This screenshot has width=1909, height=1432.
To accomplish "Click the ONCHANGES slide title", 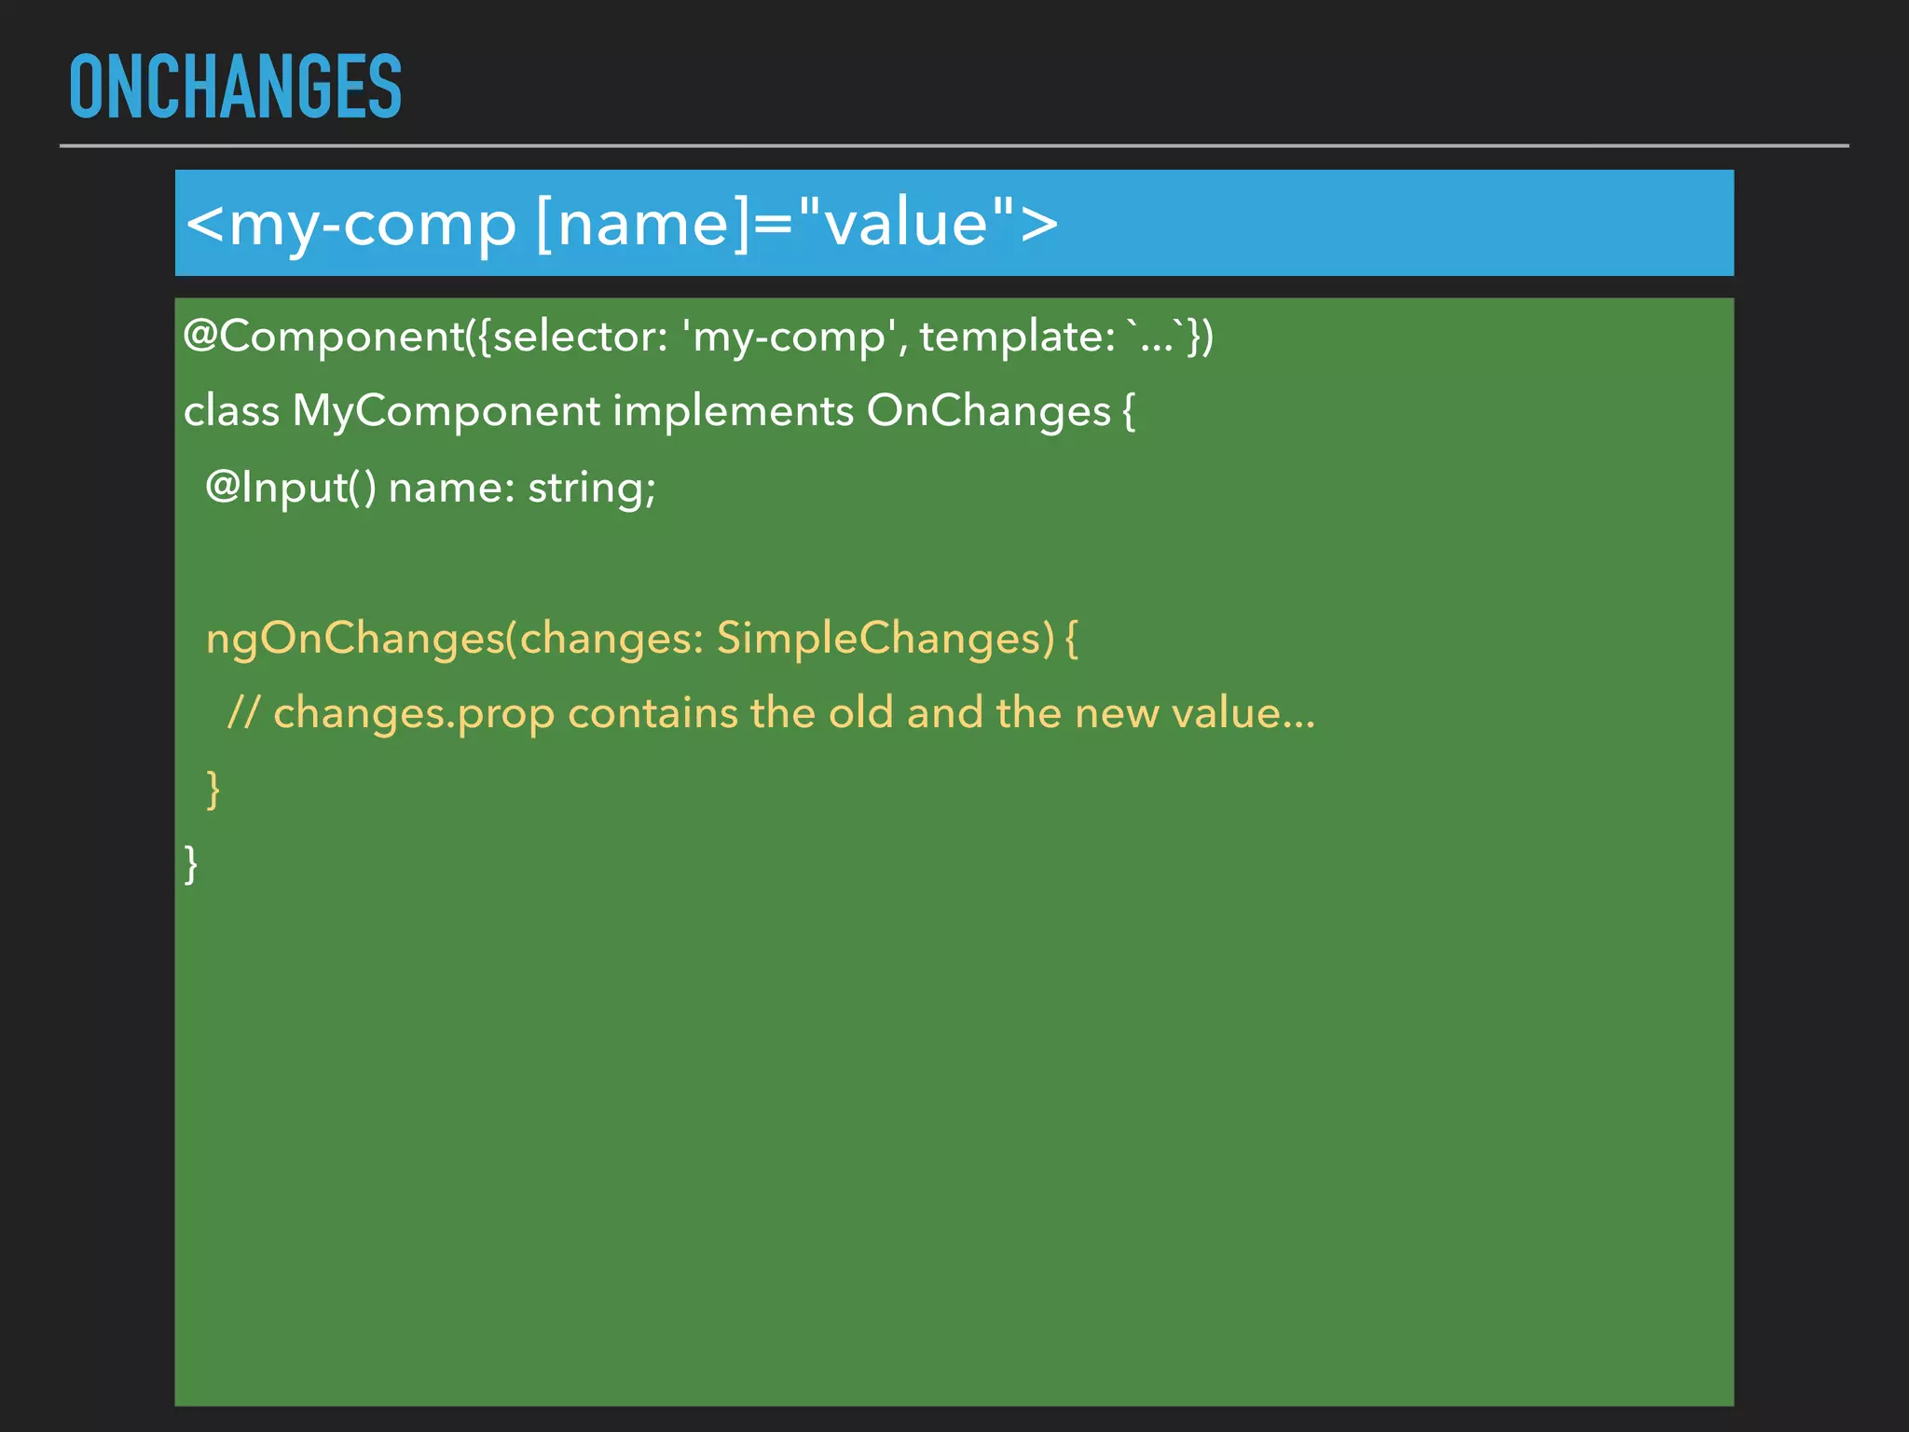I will tap(235, 87).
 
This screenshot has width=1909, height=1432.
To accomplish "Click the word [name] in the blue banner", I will tap(642, 224).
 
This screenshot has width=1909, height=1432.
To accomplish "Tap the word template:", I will tap(1017, 336).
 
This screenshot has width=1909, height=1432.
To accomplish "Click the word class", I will tap(231, 411).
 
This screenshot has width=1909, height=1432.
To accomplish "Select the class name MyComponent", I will tap(446, 411).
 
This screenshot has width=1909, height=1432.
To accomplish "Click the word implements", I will tap(733, 411).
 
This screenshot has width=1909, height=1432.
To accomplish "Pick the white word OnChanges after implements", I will tap(988, 411).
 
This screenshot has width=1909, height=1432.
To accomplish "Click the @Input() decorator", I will tap(290, 488).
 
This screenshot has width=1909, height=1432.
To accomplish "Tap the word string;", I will tap(592, 488).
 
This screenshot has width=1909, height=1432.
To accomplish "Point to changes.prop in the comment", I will tap(414, 714).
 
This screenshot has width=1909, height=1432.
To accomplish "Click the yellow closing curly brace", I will tap(213, 790).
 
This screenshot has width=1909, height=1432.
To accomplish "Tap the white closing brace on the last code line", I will tap(191, 864).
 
